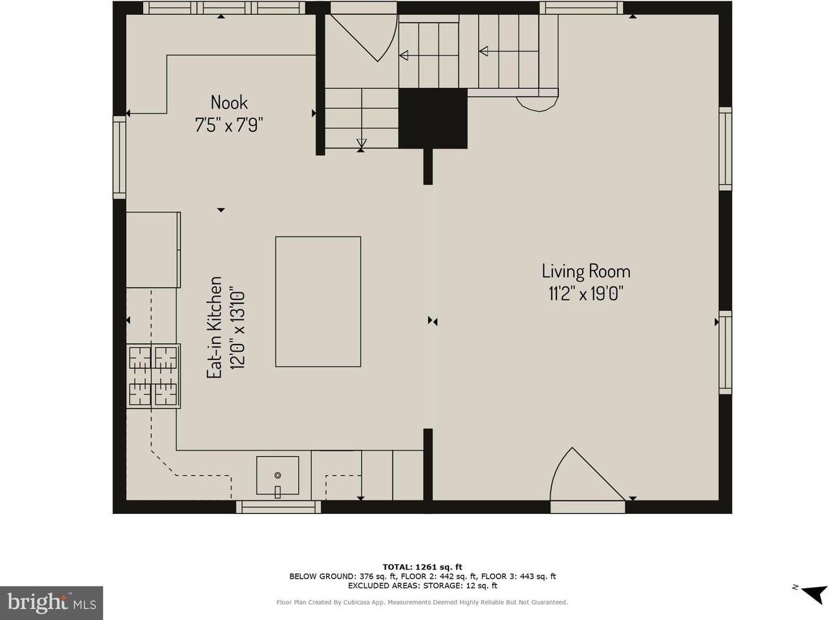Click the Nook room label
[x=229, y=103]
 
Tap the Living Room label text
[x=586, y=272]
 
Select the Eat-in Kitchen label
[x=214, y=327]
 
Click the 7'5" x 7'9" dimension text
[x=228, y=125]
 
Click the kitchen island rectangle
[x=318, y=301]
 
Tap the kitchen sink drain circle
[x=278, y=475]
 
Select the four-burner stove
[x=153, y=376]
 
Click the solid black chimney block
[x=433, y=118]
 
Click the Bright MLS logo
[x=52, y=603]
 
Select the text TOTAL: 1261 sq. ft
[x=422, y=567]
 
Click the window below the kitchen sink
[x=278, y=507]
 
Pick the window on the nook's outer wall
[x=119, y=157]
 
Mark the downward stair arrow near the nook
[x=362, y=144]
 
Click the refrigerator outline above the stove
[x=153, y=250]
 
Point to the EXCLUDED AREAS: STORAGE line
[x=422, y=585]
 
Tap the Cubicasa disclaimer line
[x=422, y=602]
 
